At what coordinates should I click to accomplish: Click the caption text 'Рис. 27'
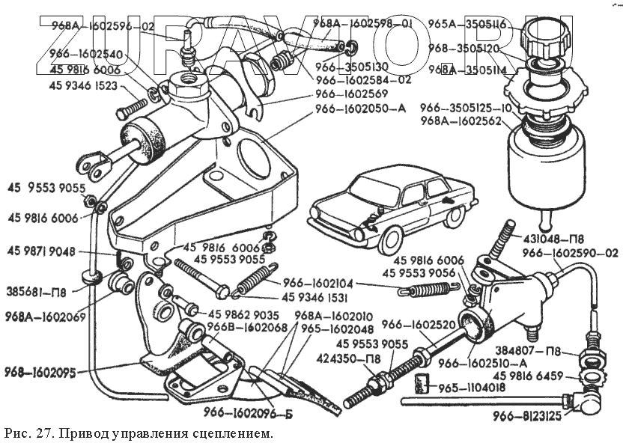(x=31, y=433)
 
